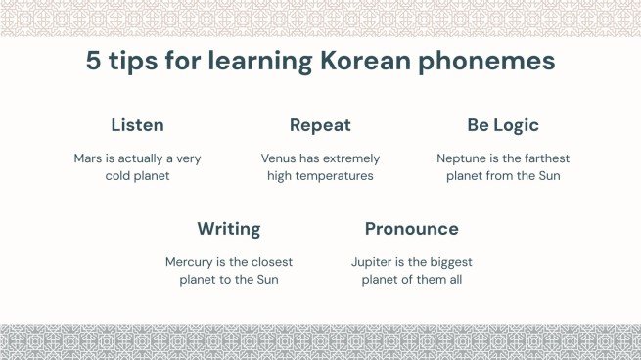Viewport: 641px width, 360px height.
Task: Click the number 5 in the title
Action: (x=94, y=62)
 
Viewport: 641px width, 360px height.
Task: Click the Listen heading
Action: (x=137, y=125)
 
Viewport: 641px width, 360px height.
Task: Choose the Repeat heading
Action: (x=320, y=125)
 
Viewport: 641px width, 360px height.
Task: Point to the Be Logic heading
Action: (x=503, y=125)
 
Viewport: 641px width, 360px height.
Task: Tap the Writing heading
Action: (x=229, y=229)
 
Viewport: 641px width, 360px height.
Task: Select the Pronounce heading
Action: (x=411, y=229)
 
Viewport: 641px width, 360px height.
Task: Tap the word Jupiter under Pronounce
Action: (x=373, y=262)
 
